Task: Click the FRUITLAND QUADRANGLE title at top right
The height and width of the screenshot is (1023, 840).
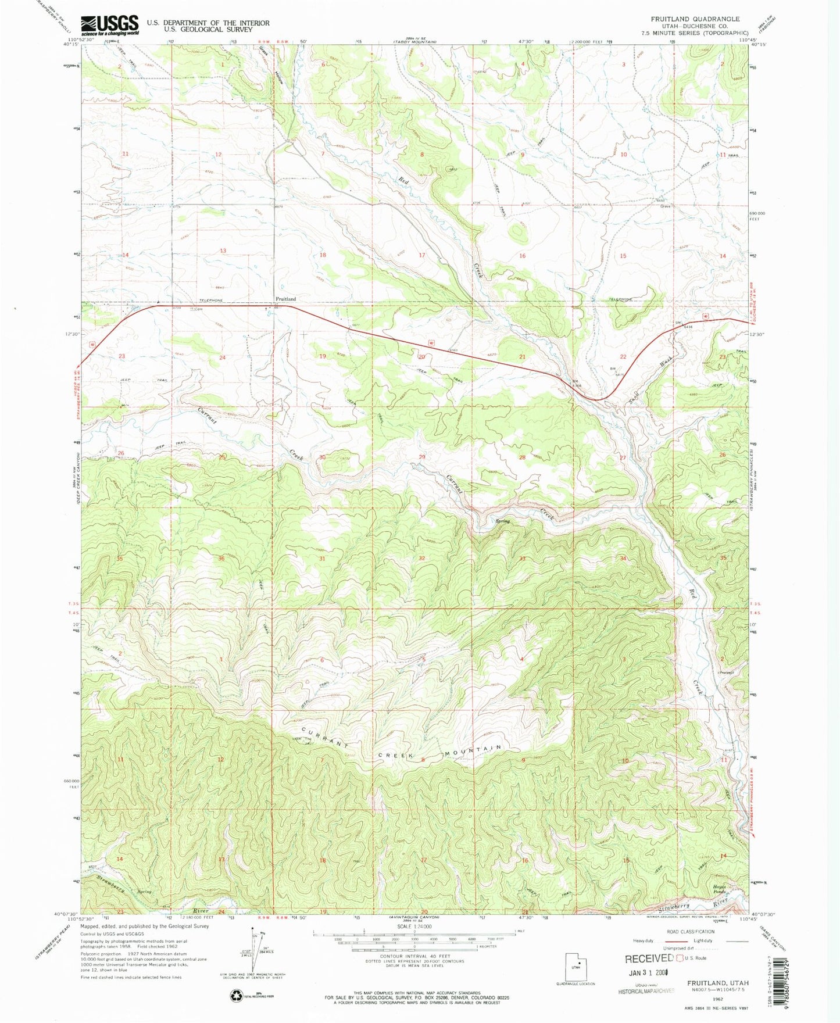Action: point(695,19)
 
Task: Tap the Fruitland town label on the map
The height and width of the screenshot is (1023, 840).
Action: point(285,299)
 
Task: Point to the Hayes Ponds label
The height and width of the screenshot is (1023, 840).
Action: point(719,889)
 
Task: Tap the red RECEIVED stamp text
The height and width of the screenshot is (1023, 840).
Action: point(649,958)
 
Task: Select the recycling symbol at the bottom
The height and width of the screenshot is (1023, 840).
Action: point(235,996)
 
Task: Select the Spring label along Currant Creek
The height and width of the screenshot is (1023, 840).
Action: point(502,521)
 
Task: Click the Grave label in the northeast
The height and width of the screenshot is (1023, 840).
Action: point(666,206)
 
